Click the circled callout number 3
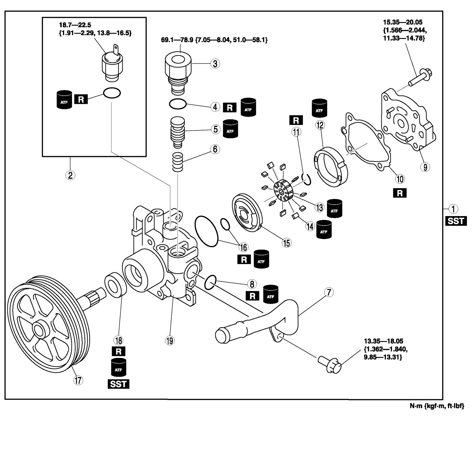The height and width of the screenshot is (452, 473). coord(215,63)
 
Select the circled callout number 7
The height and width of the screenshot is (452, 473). coord(329,292)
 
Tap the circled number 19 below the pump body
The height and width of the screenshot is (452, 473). coord(170,341)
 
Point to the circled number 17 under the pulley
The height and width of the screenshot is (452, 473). coord(78,380)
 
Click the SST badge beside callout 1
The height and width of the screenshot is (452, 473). coord(456,221)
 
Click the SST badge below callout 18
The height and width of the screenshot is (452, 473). coord(118,384)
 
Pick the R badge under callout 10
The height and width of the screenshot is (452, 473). coord(400,193)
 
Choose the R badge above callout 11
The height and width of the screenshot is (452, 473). coord(296,120)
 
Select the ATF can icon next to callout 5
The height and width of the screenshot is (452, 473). coord(230,129)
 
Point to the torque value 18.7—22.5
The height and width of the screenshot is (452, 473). coord(75,25)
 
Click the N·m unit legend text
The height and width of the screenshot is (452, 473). coord(436,406)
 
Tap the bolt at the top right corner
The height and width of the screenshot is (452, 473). coord(420,77)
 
